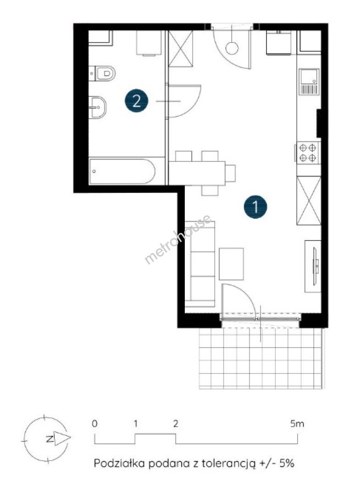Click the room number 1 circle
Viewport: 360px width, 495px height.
255,207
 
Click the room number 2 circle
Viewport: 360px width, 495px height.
136,101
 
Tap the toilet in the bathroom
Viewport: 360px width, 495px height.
102,73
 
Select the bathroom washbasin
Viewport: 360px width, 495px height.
98,107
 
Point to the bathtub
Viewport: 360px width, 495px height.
122,171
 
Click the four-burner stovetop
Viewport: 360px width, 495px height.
308,153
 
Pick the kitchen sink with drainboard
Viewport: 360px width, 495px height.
309,82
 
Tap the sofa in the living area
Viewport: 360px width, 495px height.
200,264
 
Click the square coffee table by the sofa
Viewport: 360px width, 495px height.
232,264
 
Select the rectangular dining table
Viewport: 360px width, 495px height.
197,173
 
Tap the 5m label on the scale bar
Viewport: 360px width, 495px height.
297,423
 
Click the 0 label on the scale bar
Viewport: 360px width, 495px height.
95,423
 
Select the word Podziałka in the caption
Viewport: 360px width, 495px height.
119,463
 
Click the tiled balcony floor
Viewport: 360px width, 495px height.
261,358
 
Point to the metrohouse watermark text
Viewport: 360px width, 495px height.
178,239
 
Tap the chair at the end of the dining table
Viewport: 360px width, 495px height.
230,173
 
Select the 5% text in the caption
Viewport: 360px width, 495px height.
287,463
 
